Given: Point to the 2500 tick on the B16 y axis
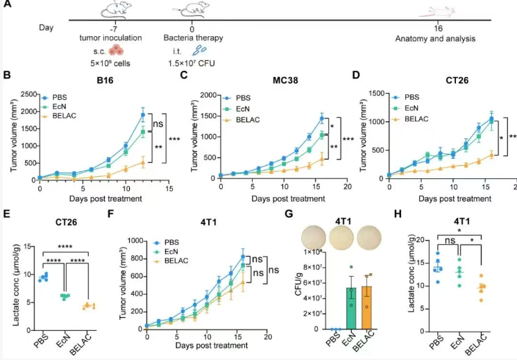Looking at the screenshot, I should click(28, 92).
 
